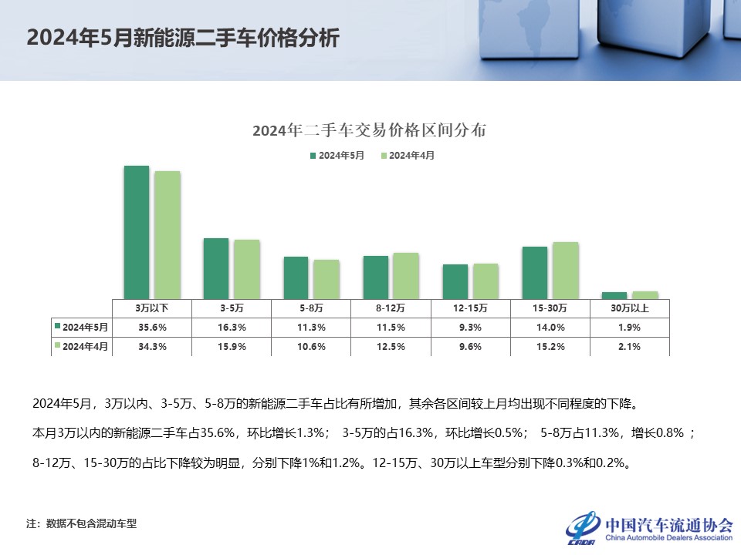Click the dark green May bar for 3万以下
coord(137,231)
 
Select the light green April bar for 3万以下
coord(167,234)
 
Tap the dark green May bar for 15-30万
coord(535,272)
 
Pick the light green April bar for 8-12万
coord(406,275)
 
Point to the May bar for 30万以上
coord(614,294)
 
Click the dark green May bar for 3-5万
coord(216,267)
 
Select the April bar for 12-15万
coord(486,281)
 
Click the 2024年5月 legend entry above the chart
coord(337,156)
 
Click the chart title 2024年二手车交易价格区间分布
coord(370,130)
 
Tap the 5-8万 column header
coord(311,308)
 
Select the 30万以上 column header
coord(629,308)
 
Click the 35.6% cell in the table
coord(152,327)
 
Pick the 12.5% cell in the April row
coord(391,347)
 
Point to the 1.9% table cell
coord(629,327)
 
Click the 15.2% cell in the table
coord(550,347)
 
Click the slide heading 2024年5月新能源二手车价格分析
coord(183,39)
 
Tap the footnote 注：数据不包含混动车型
coord(81,524)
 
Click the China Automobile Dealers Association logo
coord(649,527)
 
